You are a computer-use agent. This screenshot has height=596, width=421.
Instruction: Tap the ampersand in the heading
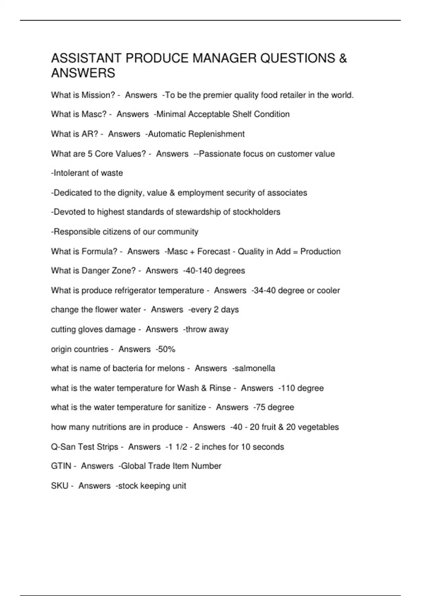click(x=343, y=58)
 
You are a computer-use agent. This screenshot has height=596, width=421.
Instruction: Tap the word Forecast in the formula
click(x=214, y=251)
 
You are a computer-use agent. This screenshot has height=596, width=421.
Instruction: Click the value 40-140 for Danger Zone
click(x=199, y=271)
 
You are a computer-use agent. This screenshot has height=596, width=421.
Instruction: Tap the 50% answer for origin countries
click(x=167, y=349)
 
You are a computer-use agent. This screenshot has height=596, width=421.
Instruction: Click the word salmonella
click(x=255, y=368)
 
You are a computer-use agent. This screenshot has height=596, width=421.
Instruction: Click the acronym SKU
click(x=60, y=486)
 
